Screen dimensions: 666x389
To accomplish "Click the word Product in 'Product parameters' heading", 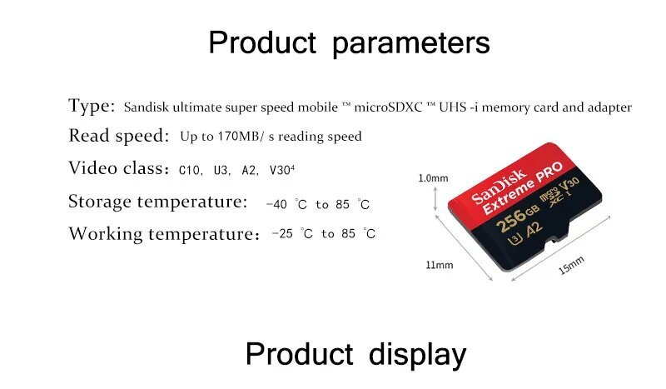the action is pyautogui.click(x=262, y=42).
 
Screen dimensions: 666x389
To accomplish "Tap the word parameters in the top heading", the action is pyautogui.click(x=411, y=44).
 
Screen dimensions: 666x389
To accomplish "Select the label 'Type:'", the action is pyautogui.click(x=92, y=106).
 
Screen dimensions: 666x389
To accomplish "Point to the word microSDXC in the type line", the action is pyautogui.click(x=388, y=107).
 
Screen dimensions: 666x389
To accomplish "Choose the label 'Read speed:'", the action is pyautogui.click(x=119, y=136).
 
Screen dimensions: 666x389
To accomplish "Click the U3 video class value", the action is pyautogui.click(x=221, y=171).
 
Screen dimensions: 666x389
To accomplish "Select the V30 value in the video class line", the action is pyautogui.click(x=280, y=171).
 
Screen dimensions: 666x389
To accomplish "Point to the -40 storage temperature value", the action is pyautogui.click(x=276, y=204).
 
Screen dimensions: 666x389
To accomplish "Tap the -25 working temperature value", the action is pyautogui.click(x=282, y=233).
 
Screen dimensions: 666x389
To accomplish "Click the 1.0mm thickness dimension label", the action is pyautogui.click(x=433, y=178).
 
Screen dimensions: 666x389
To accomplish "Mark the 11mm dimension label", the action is pyautogui.click(x=440, y=265).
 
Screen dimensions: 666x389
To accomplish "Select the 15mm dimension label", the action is pyautogui.click(x=572, y=266).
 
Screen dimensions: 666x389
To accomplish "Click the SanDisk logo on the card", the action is pyautogui.click(x=498, y=187).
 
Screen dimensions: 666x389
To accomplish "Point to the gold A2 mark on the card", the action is pyautogui.click(x=534, y=230).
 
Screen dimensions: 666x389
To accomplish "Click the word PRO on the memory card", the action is pyautogui.click(x=549, y=172).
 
